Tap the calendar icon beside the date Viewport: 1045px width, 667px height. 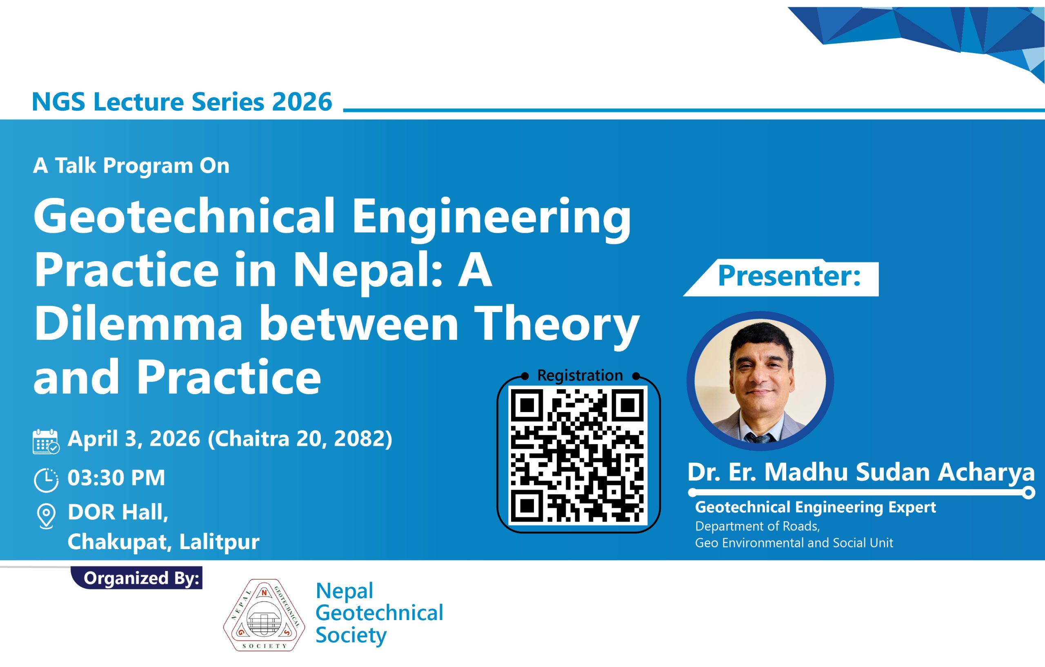46,441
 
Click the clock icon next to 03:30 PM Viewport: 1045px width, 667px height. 46,480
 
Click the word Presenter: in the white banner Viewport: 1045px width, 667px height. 789,276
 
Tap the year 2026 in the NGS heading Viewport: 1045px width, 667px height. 302,102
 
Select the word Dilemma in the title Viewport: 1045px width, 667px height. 138,324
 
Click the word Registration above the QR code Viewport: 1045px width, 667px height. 580,376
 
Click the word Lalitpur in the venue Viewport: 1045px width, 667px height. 219,542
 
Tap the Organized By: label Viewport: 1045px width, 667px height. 142,579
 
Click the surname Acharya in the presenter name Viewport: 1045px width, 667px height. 986,472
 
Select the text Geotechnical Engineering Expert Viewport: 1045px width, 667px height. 816,507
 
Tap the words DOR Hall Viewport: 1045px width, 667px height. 118,513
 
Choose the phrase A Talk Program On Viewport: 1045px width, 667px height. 131,166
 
